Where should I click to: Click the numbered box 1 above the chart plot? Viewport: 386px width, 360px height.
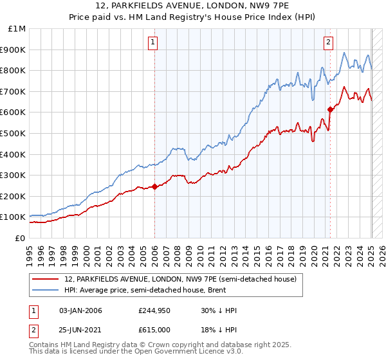[154, 42]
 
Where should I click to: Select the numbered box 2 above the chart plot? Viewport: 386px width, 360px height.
[329, 42]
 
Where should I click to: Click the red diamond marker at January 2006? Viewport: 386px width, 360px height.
[155, 187]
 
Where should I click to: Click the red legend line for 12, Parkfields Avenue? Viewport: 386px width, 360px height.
[46, 279]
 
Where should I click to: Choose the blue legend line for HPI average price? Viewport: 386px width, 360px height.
[46, 291]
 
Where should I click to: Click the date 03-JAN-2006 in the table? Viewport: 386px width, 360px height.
[80, 310]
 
